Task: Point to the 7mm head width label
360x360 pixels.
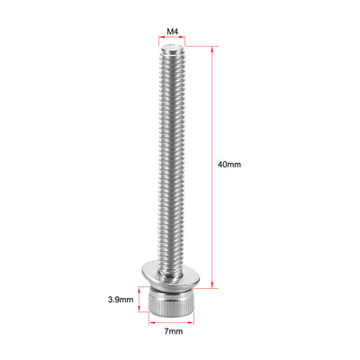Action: coord(174,331)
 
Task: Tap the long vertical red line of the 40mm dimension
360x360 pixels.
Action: coord(214,166)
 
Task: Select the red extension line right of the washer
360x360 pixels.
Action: coord(206,287)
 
